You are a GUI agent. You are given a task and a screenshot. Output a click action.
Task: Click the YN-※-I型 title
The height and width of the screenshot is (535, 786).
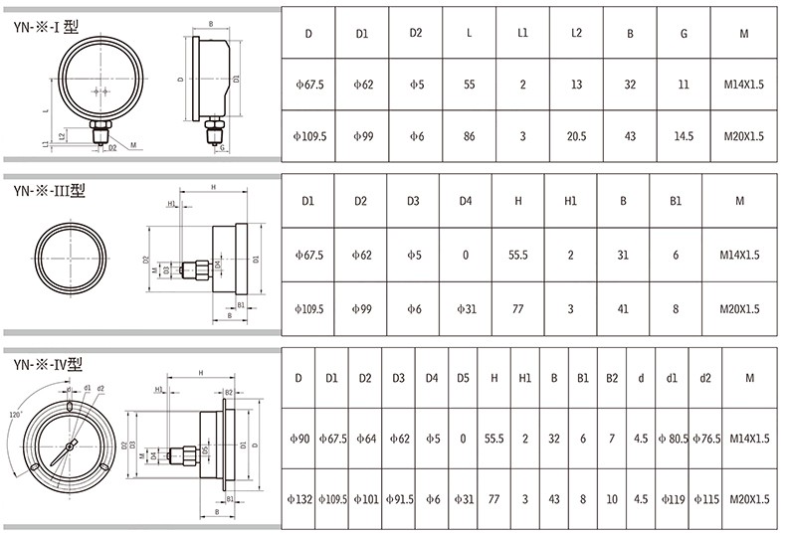[x=46, y=26]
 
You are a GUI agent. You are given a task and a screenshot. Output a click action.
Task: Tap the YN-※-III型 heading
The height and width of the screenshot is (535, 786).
[x=50, y=190]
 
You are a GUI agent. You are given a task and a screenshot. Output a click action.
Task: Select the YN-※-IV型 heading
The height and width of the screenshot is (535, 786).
[x=48, y=364]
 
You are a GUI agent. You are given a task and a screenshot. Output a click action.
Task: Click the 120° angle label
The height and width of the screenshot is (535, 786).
[x=16, y=415]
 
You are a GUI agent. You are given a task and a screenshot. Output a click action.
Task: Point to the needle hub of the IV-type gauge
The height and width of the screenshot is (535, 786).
[x=70, y=446]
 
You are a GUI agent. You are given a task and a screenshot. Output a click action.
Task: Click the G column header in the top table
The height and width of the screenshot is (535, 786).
[x=684, y=34]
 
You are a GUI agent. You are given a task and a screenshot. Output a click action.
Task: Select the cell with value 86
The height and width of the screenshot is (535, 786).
[x=470, y=136]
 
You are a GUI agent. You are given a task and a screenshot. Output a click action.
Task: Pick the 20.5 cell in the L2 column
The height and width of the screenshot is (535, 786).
[x=576, y=136]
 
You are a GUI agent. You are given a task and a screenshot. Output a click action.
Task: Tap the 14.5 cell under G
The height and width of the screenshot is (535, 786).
[x=684, y=136]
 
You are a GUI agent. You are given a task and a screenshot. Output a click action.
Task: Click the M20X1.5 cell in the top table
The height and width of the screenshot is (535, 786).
[x=744, y=136]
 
